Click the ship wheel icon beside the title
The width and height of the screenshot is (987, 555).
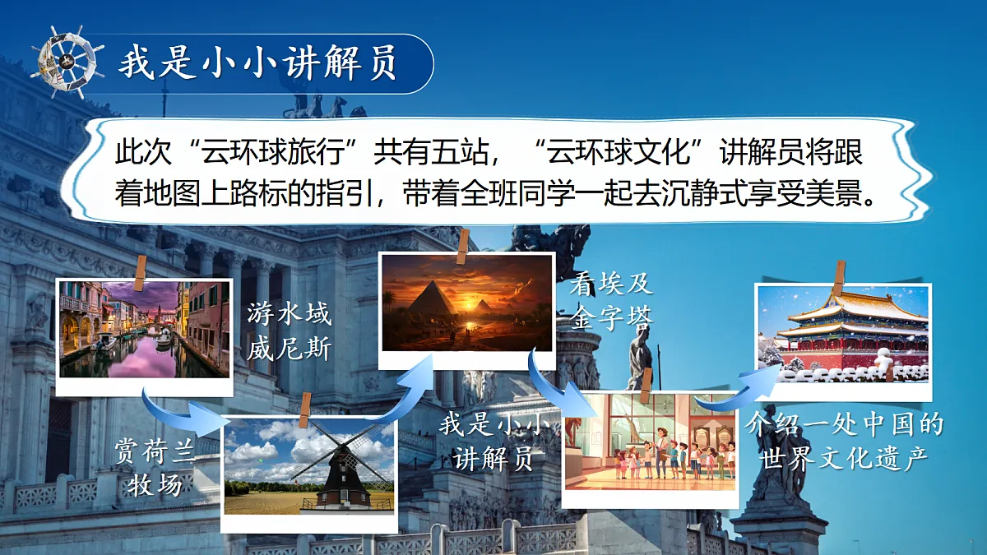[x=68, y=62]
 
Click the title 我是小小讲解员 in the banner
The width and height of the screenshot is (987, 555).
[x=257, y=63]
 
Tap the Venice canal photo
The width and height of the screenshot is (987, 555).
[x=144, y=330]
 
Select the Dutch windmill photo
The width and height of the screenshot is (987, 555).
[x=309, y=466]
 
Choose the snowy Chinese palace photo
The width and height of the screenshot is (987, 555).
[x=843, y=333]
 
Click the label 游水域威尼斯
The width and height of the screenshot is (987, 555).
[x=289, y=332]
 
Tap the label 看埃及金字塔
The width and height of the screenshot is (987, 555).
[x=611, y=302]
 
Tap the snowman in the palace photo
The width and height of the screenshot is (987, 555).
[x=884, y=361]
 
